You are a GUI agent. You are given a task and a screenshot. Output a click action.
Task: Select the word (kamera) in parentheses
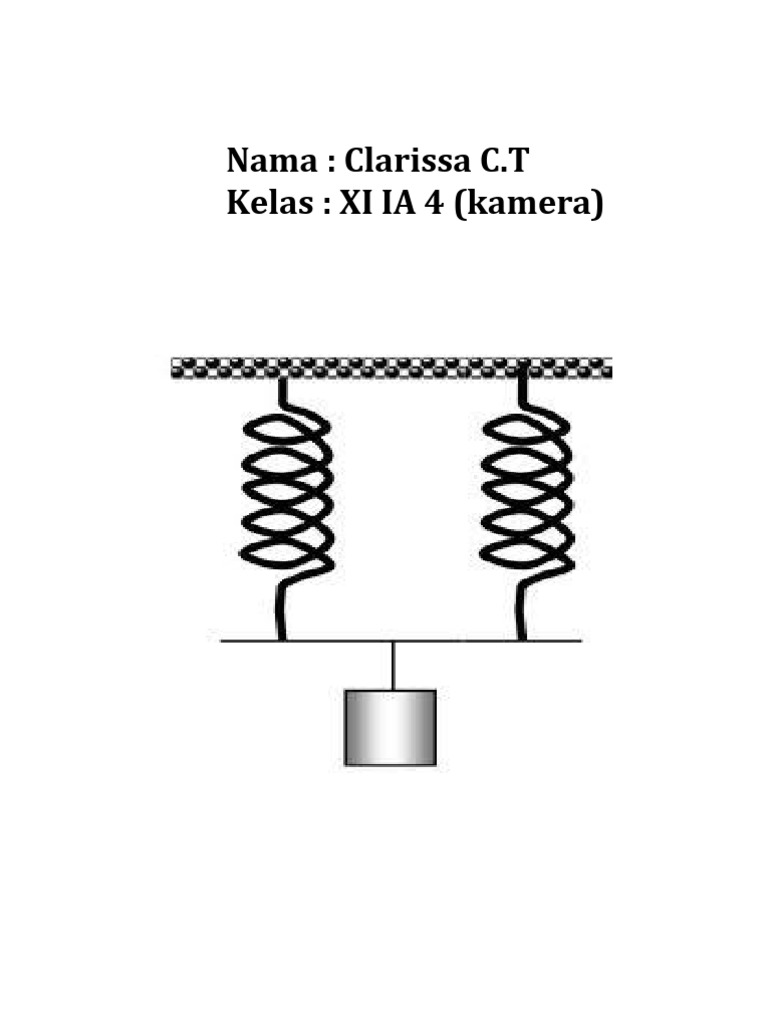click(x=531, y=206)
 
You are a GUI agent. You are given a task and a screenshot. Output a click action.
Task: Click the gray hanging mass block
click(x=390, y=727)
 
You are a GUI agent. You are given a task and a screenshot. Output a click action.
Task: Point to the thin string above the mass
click(x=393, y=665)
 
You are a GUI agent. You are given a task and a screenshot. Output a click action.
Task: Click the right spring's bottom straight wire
click(x=520, y=615)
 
